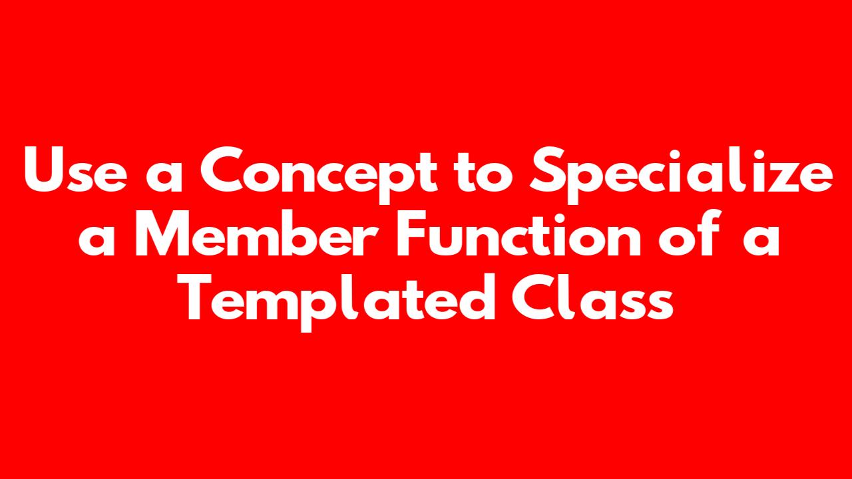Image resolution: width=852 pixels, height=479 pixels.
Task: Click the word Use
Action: click(x=75, y=170)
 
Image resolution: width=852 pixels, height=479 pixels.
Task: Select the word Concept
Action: click(x=319, y=175)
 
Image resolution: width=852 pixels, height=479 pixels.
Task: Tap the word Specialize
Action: click(x=682, y=175)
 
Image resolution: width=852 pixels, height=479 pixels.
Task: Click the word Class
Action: click(x=593, y=297)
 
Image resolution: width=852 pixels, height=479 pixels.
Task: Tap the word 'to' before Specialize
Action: click(x=483, y=172)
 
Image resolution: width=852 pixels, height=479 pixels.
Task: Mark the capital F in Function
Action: click(x=411, y=234)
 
